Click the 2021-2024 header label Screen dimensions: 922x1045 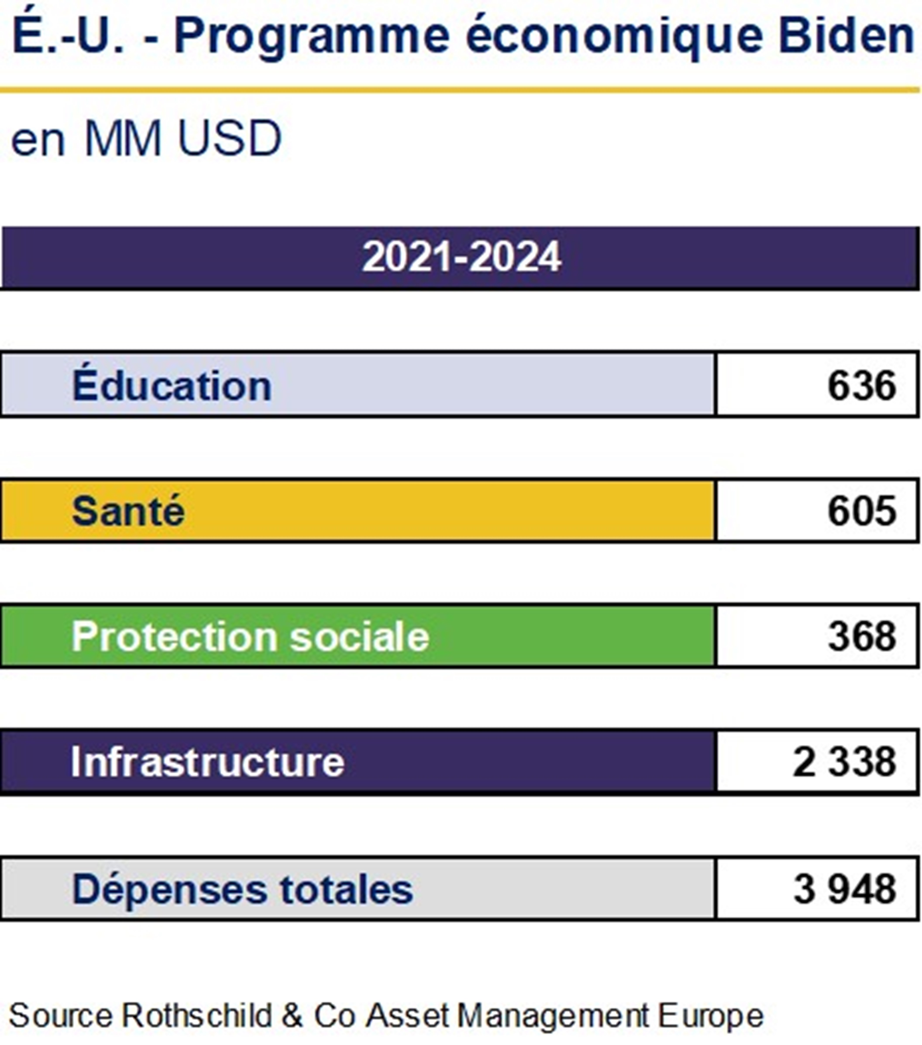coord(461,257)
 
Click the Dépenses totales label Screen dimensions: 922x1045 coord(242,889)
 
